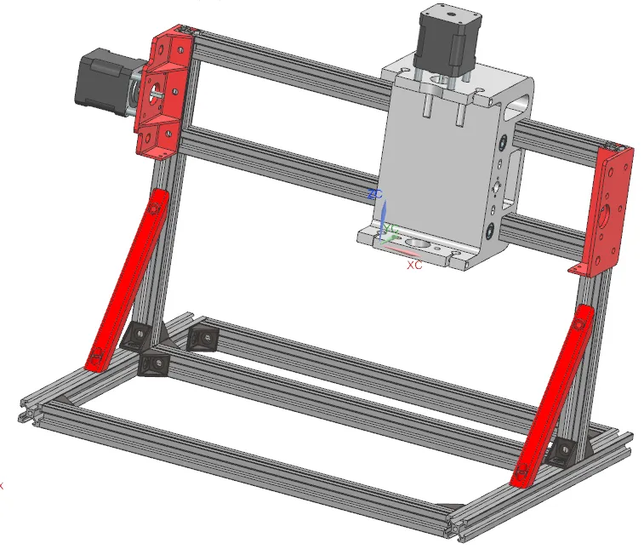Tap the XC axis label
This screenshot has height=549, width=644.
click(414, 266)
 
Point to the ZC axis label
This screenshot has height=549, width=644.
click(373, 195)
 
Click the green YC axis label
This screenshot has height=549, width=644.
click(392, 228)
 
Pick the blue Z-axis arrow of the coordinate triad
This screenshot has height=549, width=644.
click(382, 214)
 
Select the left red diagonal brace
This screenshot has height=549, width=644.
click(128, 281)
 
